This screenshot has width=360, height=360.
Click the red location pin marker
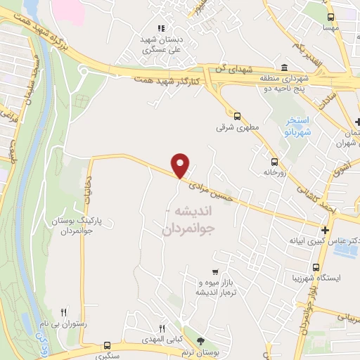coord(181,166)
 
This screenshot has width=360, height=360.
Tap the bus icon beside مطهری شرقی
coord(238,117)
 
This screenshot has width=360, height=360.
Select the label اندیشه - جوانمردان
coord(189,220)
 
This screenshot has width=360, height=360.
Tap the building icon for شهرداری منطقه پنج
coord(283,68)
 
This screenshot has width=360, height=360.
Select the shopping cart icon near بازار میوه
coord(215,271)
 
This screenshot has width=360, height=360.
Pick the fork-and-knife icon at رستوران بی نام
coord(64,311)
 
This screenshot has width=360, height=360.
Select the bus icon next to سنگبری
coord(107,345)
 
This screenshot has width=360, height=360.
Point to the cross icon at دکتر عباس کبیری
coord(325,229)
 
